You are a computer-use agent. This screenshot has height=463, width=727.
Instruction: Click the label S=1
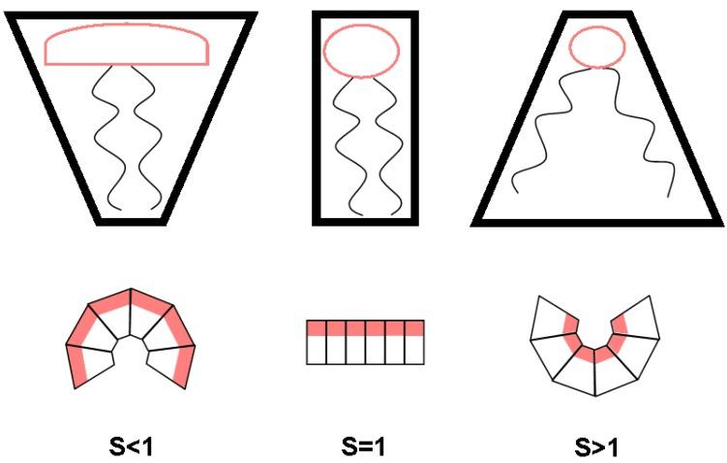[364, 448]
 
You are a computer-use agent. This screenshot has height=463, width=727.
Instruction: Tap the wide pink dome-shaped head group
[127, 46]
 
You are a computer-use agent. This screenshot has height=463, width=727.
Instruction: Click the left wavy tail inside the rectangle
[346, 145]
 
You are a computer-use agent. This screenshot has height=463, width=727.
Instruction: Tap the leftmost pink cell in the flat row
[316, 327]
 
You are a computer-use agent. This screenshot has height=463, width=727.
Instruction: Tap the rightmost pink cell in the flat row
[414, 327]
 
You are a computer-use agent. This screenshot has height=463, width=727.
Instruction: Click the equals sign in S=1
[364, 448]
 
